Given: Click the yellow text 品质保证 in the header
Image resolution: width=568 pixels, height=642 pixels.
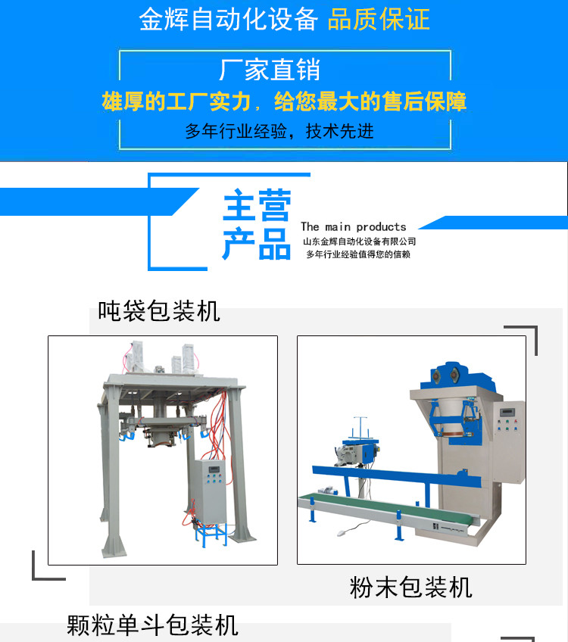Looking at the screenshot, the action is click(379, 20).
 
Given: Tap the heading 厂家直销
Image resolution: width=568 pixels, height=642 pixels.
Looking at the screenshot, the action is click(270, 70).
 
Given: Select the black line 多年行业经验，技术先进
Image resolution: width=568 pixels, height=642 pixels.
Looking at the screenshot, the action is click(279, 132).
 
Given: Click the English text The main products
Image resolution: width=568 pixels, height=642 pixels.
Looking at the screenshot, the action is click(354, 227).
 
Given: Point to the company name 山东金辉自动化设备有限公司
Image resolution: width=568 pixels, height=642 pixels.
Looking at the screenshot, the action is click(360, 242).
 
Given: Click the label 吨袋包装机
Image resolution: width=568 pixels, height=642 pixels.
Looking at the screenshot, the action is click(159, 311).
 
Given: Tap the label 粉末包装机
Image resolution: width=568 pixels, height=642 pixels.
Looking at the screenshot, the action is click(410, 587).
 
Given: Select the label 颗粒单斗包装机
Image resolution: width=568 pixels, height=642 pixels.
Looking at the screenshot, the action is click(152, 625).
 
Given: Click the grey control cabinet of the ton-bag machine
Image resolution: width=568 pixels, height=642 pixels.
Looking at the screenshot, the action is click(210, 491).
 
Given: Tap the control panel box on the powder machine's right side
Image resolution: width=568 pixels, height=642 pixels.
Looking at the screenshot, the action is click(509, 441).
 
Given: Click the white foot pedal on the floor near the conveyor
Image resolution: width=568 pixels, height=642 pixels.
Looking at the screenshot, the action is click(342, 533).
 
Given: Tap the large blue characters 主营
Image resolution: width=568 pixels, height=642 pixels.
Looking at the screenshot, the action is click(257, 205).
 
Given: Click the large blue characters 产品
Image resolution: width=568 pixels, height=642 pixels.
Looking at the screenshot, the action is click(257, 244).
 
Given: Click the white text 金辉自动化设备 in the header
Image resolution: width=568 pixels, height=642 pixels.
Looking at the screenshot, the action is click(229, 20).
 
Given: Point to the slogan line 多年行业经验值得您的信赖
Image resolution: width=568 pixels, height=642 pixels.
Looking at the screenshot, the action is click(358, 254).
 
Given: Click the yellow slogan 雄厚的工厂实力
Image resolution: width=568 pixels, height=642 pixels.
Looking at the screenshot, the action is click(176, 101).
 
